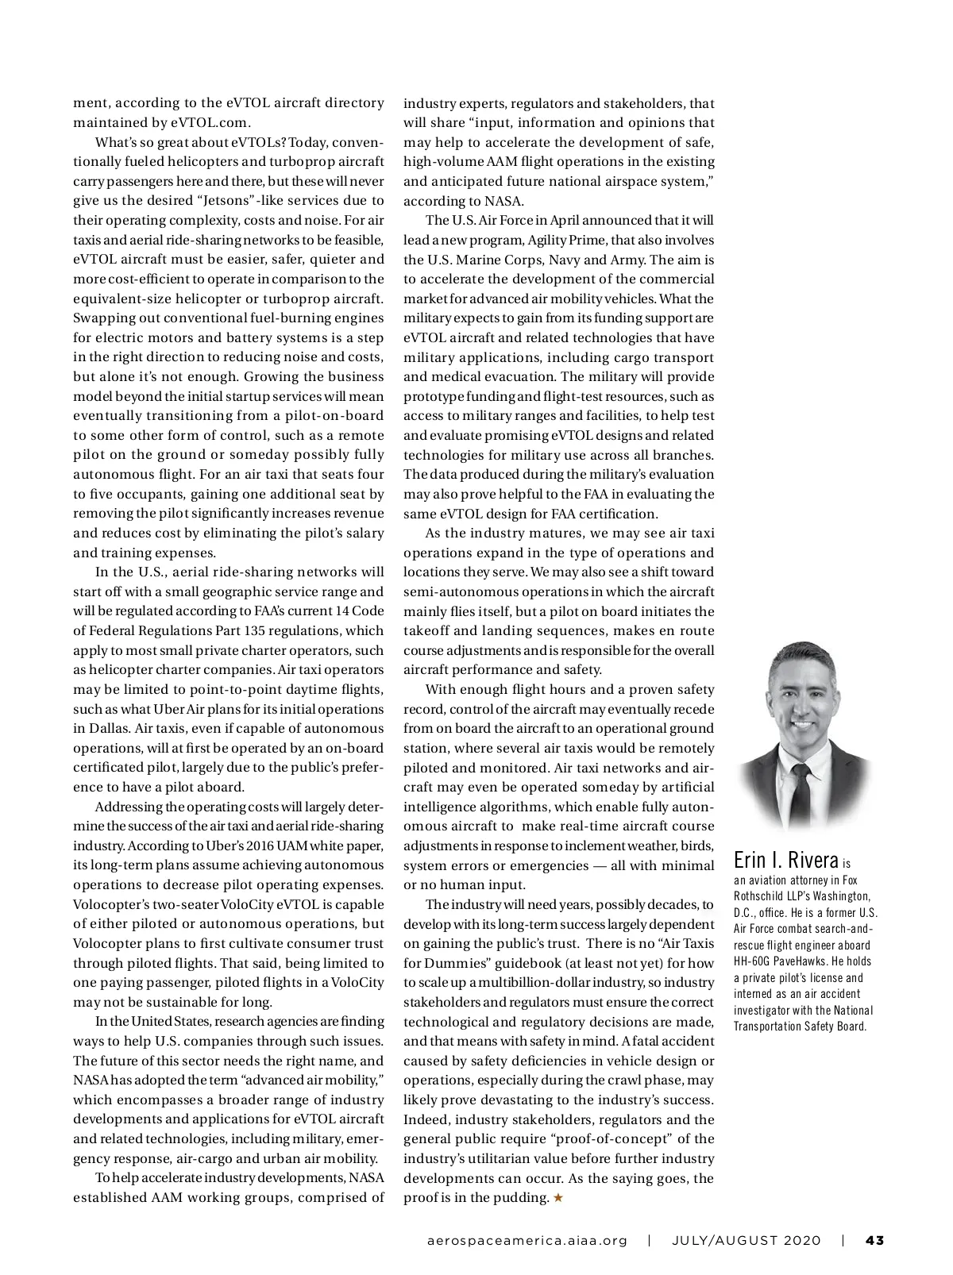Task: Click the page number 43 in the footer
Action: pos(874,1240)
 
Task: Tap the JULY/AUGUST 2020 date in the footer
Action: pos(747,1240)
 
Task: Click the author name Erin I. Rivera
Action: pos(785,860)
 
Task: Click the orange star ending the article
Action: pos(558,1197)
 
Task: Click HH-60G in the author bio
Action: pos(750,962)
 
